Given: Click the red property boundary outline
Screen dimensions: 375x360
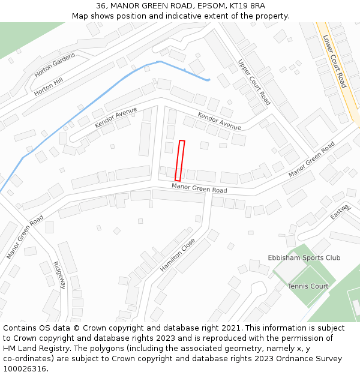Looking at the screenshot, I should (179, 160).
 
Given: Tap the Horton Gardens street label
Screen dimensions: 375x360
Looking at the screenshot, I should (55, 65).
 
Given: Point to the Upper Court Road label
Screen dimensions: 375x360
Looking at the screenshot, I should (254, 82).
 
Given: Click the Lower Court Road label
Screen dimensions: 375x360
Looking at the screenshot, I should (335, 61).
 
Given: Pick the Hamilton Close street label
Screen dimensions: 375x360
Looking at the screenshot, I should (178, 255).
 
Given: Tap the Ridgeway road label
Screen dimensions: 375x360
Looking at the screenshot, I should (58, 275).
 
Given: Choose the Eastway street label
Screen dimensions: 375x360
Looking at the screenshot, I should (340, 211).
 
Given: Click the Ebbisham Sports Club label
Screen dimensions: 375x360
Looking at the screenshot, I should (304, 258).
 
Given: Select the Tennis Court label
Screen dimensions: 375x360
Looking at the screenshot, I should (308, 286).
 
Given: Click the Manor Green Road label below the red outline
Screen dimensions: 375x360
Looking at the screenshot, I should (199, 188).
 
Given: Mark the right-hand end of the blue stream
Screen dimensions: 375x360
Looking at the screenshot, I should (208, 79).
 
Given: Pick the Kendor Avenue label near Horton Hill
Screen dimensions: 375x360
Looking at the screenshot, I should (116, 118).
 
